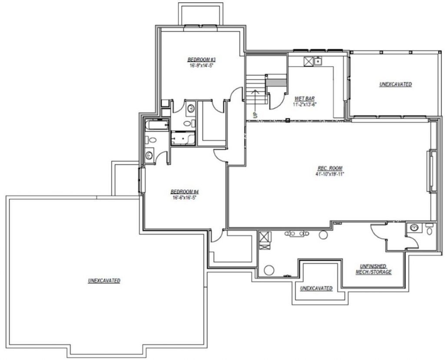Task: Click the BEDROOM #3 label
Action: tap(202, 60)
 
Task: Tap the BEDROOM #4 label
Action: tap(184, 191)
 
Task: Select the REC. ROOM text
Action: tap(330, 168)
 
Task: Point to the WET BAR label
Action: tap(305, 99)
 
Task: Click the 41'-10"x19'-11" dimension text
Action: tap(329, 174)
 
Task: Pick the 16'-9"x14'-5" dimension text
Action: tap(202, 65)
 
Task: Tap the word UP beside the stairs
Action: tap(255, 115)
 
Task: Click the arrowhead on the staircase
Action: tap(255, 91)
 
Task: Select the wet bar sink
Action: tap(318, 61)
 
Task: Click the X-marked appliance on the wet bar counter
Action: tap(309, 61)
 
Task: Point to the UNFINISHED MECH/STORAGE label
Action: tap(373, 269)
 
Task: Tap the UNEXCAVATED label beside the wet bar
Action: tap(395, 84)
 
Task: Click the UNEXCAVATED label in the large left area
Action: tap(104, 280)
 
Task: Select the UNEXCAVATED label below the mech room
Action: tap(316, 288)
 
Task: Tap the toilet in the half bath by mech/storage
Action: tap(430, 229)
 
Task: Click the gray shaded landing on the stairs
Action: tap(276, 83)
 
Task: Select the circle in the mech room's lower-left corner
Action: tap(269, 270)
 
